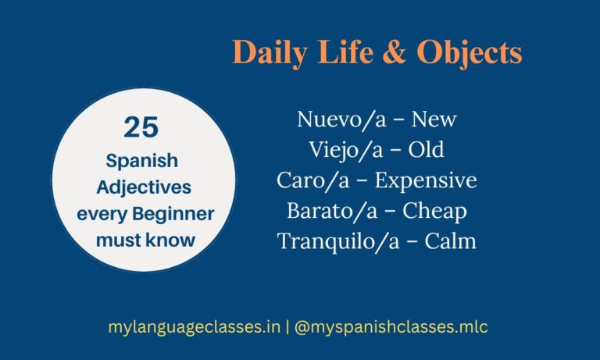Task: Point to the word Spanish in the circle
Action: point(143,161)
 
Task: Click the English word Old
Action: point(426,150)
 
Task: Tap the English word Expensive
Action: point(426,180)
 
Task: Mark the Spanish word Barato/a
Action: point(327,211)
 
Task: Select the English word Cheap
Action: point(434,211)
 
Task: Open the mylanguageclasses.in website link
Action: point(195,327)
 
